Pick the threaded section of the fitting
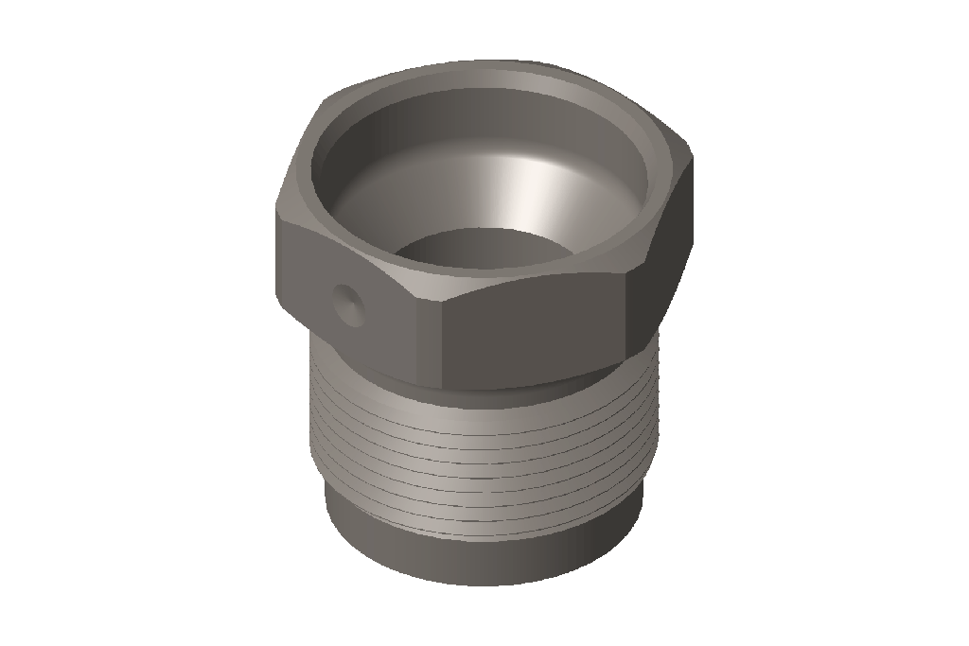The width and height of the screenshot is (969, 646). pos(483,445)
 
